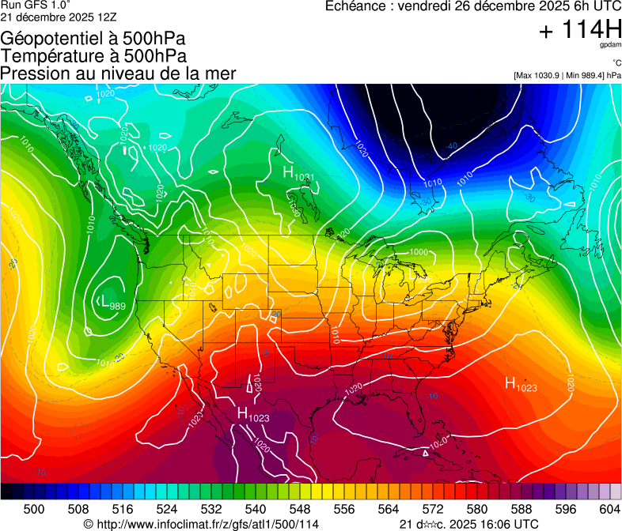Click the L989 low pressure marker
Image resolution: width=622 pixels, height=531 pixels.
[x=110, y=302]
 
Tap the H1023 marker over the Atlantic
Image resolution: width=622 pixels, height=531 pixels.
[x=521, y=384]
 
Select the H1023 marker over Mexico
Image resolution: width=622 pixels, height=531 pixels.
[x=252, y=414]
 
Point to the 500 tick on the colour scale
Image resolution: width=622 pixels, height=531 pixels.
[x=34, y=508]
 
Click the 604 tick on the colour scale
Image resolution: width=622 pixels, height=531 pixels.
[x=609, y=508]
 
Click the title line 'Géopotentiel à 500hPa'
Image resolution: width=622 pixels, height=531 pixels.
[x=93, y=39]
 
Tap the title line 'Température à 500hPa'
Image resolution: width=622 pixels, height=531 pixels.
[x=93, y=56]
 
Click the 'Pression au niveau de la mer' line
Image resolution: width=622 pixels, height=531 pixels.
[x=118, y=73]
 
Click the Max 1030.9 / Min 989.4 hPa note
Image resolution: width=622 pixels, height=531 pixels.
[x=567, y=75]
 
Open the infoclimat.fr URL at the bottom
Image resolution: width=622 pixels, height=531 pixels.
[x=202, y=524]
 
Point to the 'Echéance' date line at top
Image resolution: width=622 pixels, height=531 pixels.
[x=473, y=7]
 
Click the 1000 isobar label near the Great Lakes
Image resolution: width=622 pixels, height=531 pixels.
[x=419, y=252]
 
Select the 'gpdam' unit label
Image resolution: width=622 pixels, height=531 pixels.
[x=609, y=47]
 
